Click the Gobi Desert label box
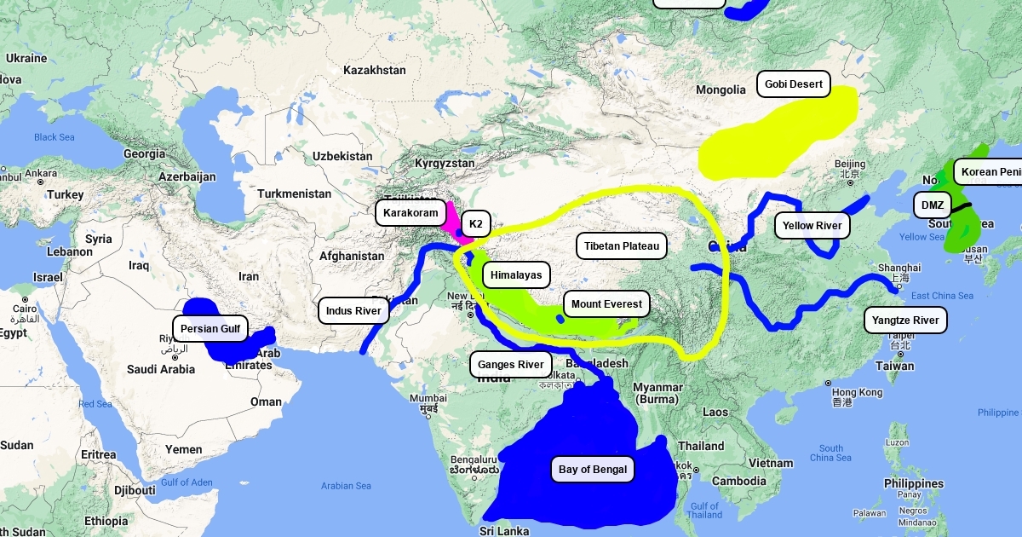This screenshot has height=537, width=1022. point(794,84)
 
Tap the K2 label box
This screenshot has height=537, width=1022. point(475,225)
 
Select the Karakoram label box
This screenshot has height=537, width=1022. point(411,212)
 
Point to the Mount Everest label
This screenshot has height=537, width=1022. point(606,304)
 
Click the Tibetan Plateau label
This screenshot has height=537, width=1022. point(622,246)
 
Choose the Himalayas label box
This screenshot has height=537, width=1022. point(517,275)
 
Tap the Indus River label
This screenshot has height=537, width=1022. point(353,311)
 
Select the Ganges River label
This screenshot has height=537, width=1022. point(510,365)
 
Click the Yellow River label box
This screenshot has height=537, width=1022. point(812,226)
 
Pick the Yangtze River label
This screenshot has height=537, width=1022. point(905,320)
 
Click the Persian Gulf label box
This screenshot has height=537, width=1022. point(210,328)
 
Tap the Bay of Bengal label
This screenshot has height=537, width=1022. point(593,469)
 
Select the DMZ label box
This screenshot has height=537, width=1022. point(933,205)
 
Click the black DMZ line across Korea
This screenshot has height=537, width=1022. point(962,205)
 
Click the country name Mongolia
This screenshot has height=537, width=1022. point(721,89)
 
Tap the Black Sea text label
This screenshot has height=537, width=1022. point(55,137)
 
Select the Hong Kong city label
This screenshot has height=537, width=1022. point(858,392)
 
